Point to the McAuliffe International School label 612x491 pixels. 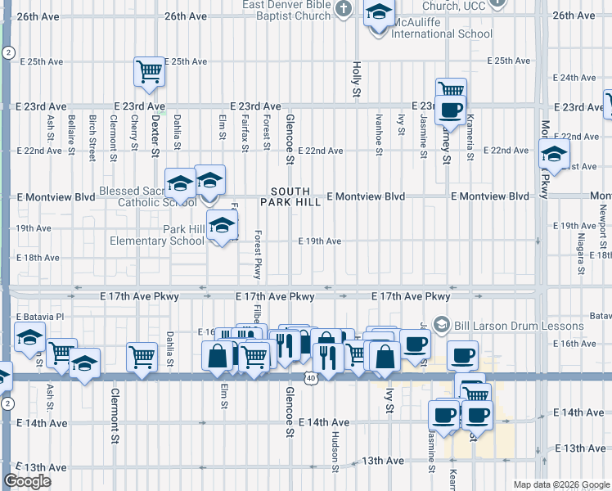[x=443, y=34]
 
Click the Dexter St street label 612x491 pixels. [x=155, y=131]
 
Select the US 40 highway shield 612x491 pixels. [x=308, y=378]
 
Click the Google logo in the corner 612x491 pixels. [x=28, y=480]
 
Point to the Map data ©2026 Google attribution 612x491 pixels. [x=561, y=484]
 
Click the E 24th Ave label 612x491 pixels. [x=575, y=78]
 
